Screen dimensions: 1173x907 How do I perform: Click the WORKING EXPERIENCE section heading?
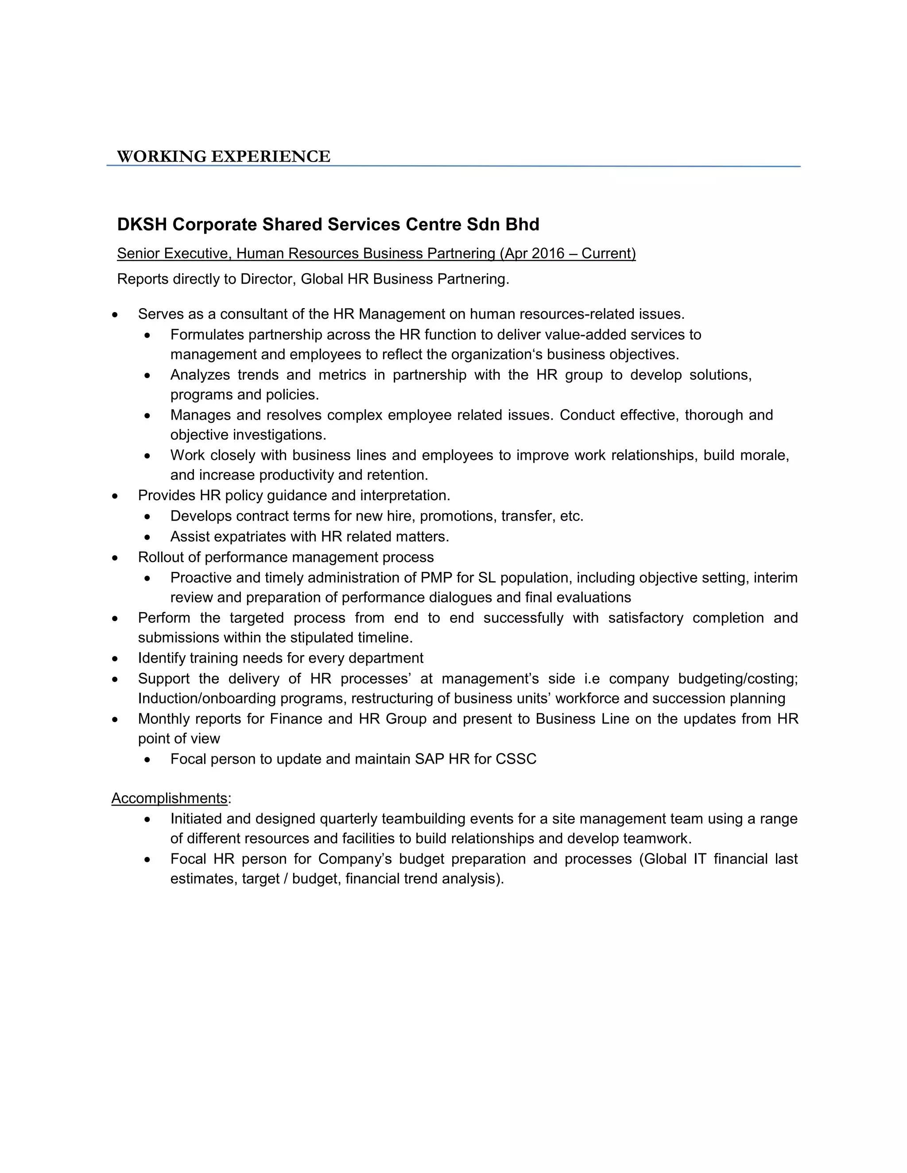pyautogui.click(x=223, y=156)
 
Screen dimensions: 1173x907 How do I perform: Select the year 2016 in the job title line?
pyautogui.click(x=548, y=254)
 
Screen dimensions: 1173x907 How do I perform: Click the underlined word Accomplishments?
pyautogui.click(x=169, y=798)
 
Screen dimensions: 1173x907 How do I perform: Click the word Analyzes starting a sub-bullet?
pyautogui.click(x=200, y=375)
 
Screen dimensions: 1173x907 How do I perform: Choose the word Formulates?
pyautogui.click(x=207, y=335)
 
